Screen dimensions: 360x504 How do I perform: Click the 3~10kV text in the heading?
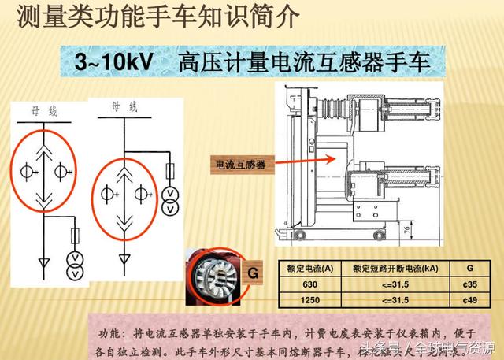(x=117, y=62)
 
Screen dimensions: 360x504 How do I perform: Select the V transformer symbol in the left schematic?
(x=76, y=264)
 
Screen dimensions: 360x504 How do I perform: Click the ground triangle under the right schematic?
(x=124, y=258)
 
